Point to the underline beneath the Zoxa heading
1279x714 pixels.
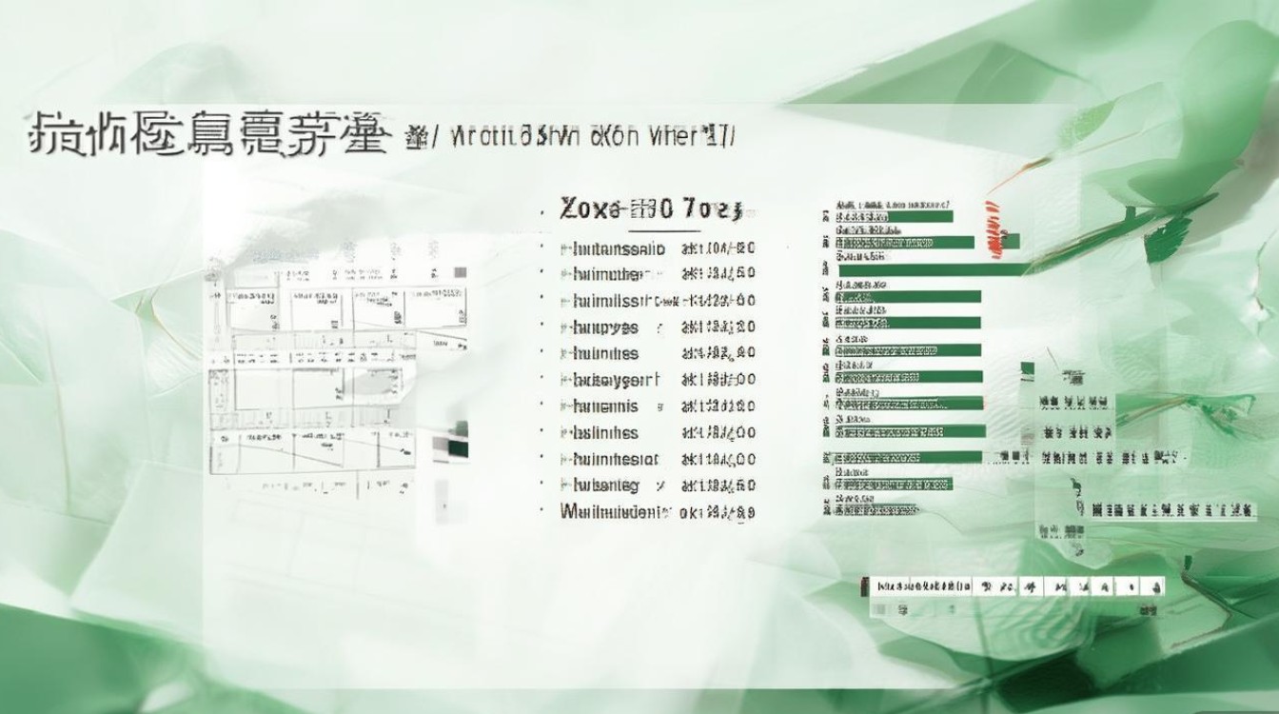point(663,230)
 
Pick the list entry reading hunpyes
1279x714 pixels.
point(606,327)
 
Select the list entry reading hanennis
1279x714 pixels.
point(606,407)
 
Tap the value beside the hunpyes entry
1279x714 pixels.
point(718,327)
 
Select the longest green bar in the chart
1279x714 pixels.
point(933,269)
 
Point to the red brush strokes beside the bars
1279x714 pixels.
point(994,228)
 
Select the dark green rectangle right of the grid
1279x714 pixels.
point(457,445)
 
